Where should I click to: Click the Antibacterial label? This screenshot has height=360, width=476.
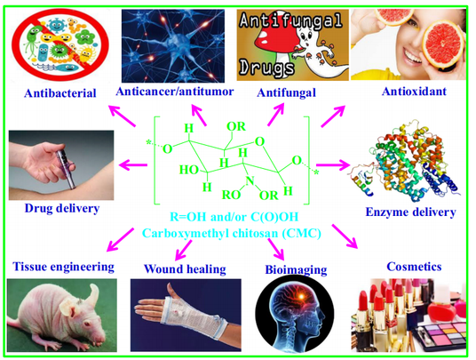click(x=60, y=93)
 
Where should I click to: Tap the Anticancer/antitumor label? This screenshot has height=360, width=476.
click(x=175, y=92)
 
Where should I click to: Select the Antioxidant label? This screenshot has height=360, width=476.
click(x=414, y=92)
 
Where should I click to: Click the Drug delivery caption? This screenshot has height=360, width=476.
click(x=62, y=208)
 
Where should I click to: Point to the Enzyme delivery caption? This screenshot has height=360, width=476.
click(x=411, y=212)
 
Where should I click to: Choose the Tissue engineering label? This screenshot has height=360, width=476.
click(x=63, y=267)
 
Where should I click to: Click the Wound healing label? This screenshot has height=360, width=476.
click(x=185, y=268)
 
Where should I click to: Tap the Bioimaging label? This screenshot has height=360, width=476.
click(x=296, y=269)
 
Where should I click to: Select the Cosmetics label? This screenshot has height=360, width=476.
click(x=414, y=267)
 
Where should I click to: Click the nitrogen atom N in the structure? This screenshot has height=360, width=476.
click(x=250, y=180)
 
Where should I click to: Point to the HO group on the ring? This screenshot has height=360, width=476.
click(x=189, y=170)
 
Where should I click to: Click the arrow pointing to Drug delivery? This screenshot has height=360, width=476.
click(x=133, y=165)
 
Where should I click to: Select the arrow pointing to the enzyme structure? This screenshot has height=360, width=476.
click(x=333, y=165)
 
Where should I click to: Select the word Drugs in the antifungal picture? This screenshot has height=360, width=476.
click(x=266, y=68)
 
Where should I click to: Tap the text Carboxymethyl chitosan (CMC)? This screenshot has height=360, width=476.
click(x=232, y=233)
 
